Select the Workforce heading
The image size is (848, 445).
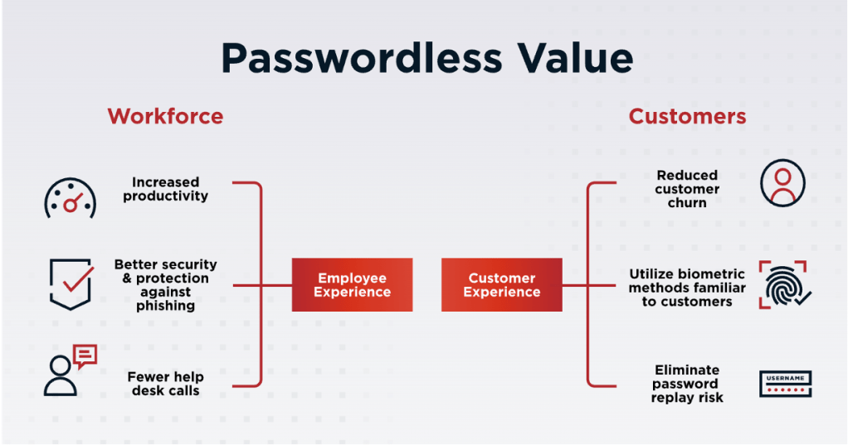point(165,116)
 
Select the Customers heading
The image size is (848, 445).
point(687,116)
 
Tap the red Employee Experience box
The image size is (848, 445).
point(352,285)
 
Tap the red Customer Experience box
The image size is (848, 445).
point(501,285)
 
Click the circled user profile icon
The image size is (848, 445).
point(782,183)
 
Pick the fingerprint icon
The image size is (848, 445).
point(784,285)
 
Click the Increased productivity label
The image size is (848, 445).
point(166,189)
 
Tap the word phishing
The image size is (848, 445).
point(166,306)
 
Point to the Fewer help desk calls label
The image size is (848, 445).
point(166,384)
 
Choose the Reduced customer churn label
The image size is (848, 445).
point(687,189)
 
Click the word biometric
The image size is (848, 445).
point(714,274)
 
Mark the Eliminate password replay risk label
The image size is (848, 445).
point(687,384)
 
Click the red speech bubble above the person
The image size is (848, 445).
point(85,356)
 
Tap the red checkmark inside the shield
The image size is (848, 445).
point(77,280)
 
